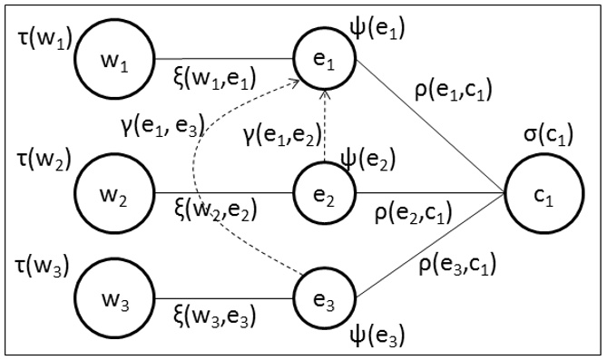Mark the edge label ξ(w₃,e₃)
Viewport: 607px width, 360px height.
[x=214, y=316]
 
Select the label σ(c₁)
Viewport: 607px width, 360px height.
[x=540, y=139]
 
